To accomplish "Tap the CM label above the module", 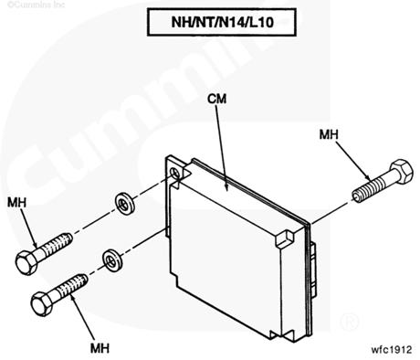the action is click(x=217, y=99).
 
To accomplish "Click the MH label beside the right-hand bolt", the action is click(x=329, y=134).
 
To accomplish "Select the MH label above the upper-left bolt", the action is click(x=16, y=202).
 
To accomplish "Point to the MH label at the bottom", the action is click(x=100, y=348).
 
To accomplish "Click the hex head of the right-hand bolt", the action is click(x=401, y=171).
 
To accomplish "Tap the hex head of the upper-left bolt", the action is click(x=26, y=263).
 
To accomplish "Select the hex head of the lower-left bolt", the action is click(x=42, y=304).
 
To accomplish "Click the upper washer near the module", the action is click(x=125, y=204).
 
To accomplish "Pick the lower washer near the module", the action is click(x=112, y=259).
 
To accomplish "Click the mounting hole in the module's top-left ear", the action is click(x=175, y=174).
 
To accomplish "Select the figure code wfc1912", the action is click(x=392, y=349).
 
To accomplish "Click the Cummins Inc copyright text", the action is click(x=36, y=5).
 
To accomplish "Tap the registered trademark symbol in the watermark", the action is click(x=350, y=321).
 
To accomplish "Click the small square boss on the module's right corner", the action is click(x=285, y=238).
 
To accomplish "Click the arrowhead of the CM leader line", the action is click(x=226, y=187).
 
